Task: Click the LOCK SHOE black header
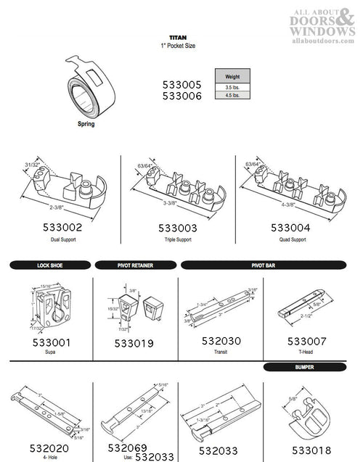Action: [x=49, y=265]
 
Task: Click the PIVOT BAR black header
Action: [x=269, y=265]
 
